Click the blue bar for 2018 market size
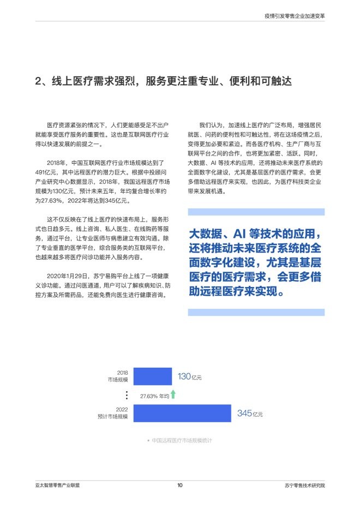(153, 376)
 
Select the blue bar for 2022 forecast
(182, 413)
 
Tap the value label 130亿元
(190, 376)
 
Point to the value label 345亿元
(250, 414)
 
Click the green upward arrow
(173, 394)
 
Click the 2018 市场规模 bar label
(119, 376)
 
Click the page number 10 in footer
(179, 485)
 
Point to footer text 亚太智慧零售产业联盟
(56, 485)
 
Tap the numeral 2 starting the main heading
(38, 82)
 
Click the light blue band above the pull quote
(256, 212)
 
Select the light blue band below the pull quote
(256, 312)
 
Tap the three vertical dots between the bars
(127, 395)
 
